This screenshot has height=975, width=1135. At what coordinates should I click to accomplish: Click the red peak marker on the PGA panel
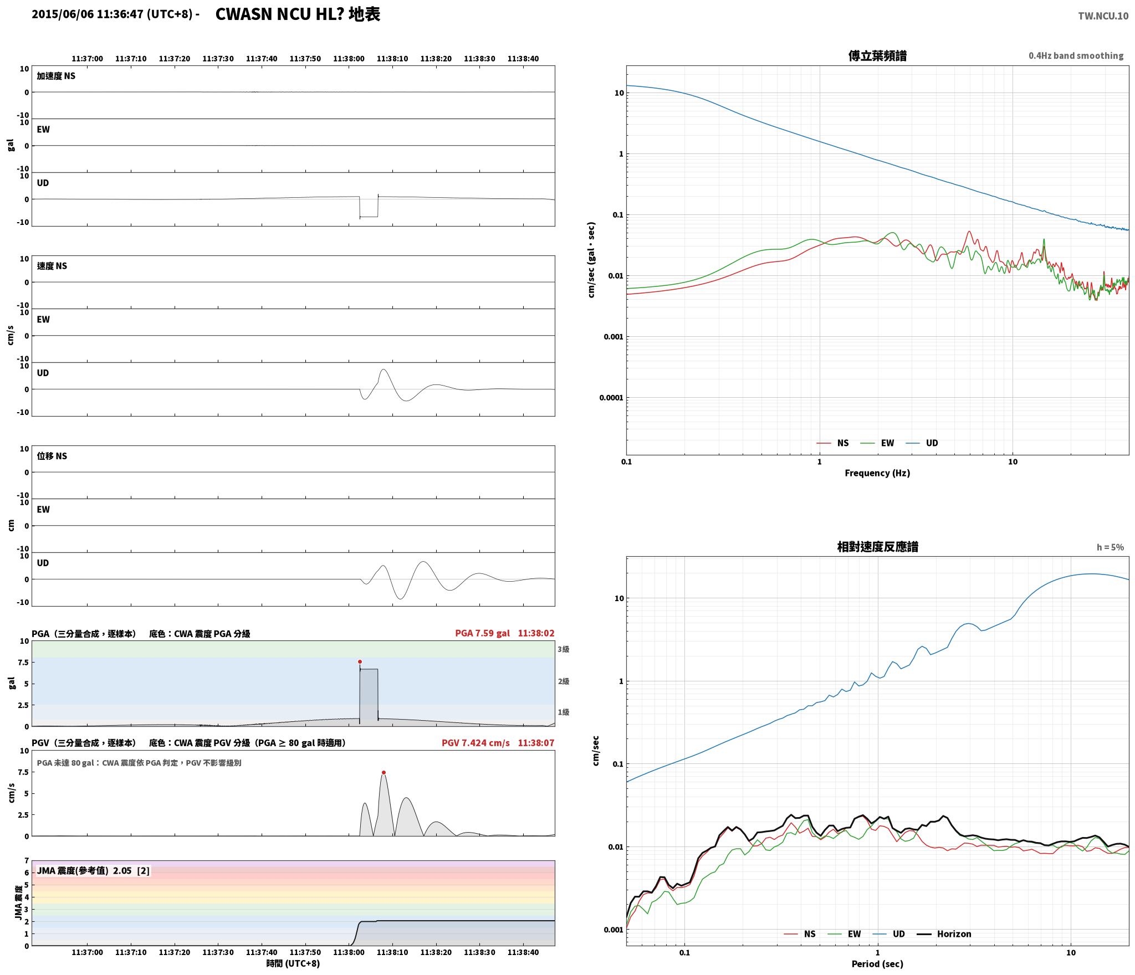pos(360,661)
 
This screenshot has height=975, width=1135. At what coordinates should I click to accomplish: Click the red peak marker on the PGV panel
pos(384,772)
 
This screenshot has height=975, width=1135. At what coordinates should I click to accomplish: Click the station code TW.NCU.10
pos(1103,16)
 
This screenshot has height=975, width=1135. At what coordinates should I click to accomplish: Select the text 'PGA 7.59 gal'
pos(482,633)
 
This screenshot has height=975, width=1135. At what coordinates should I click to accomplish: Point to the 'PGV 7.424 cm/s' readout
pos(476,743)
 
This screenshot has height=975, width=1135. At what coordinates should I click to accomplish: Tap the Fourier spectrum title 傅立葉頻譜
pos(877,56)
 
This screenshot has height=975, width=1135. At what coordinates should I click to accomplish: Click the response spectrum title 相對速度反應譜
pos(877,547)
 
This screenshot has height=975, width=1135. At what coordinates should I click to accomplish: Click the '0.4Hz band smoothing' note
pos(1076,56)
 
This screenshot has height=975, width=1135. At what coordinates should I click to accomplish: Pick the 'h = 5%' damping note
pos(1110,547)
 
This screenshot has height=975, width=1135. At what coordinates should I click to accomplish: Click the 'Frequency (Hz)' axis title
pos(877,473)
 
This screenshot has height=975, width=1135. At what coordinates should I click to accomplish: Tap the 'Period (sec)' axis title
pos(877,964)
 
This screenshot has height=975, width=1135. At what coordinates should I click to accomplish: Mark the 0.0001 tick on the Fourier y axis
pos(611,398)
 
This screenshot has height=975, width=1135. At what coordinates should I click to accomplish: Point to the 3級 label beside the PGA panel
pos(564,649)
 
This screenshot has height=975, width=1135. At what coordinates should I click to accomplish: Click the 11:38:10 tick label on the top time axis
pos(392,59)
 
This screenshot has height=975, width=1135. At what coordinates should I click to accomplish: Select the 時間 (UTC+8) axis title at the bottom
pos(293,963)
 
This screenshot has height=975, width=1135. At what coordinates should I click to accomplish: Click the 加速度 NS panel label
pos(56,76)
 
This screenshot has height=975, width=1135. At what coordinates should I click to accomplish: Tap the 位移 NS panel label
pos(52,456)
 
